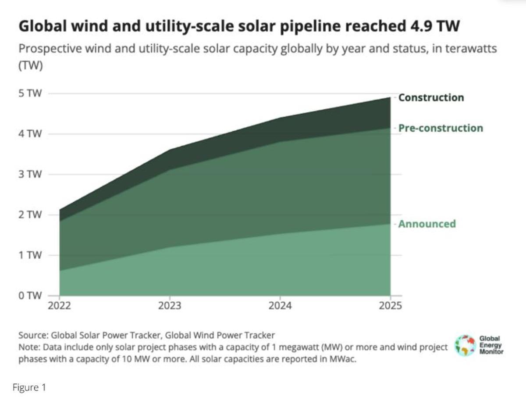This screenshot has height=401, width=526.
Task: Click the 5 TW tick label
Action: click(x=30, y=93)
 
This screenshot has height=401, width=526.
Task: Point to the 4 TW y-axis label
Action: click(x=30, y=134)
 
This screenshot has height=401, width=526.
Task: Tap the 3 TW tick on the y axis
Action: click(x=30, y=174)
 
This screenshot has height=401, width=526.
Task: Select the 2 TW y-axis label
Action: click(x=30, y=215)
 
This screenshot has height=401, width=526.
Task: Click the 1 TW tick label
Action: click(x=30, y=255)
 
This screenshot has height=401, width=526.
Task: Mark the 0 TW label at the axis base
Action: click(x=30, y=295)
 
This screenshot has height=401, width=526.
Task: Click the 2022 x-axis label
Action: click(x=59, y=306)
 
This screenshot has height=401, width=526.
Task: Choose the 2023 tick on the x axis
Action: click(x=170, y=306)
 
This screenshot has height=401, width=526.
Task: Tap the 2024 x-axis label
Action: click(x=280, y=306)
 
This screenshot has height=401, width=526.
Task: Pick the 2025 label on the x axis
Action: click(x=390, y=306)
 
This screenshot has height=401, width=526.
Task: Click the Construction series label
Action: click(x=430, y=98)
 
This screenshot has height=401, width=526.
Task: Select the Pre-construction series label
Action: click(x=440, y=128)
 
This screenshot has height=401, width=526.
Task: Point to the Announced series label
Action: click(x=426, y=224)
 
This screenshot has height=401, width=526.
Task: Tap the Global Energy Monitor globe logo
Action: click(x=465, y=345)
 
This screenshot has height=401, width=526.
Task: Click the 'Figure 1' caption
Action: click(x=29, y=388)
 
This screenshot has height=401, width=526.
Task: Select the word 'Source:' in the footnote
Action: click(x=33, y=336)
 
